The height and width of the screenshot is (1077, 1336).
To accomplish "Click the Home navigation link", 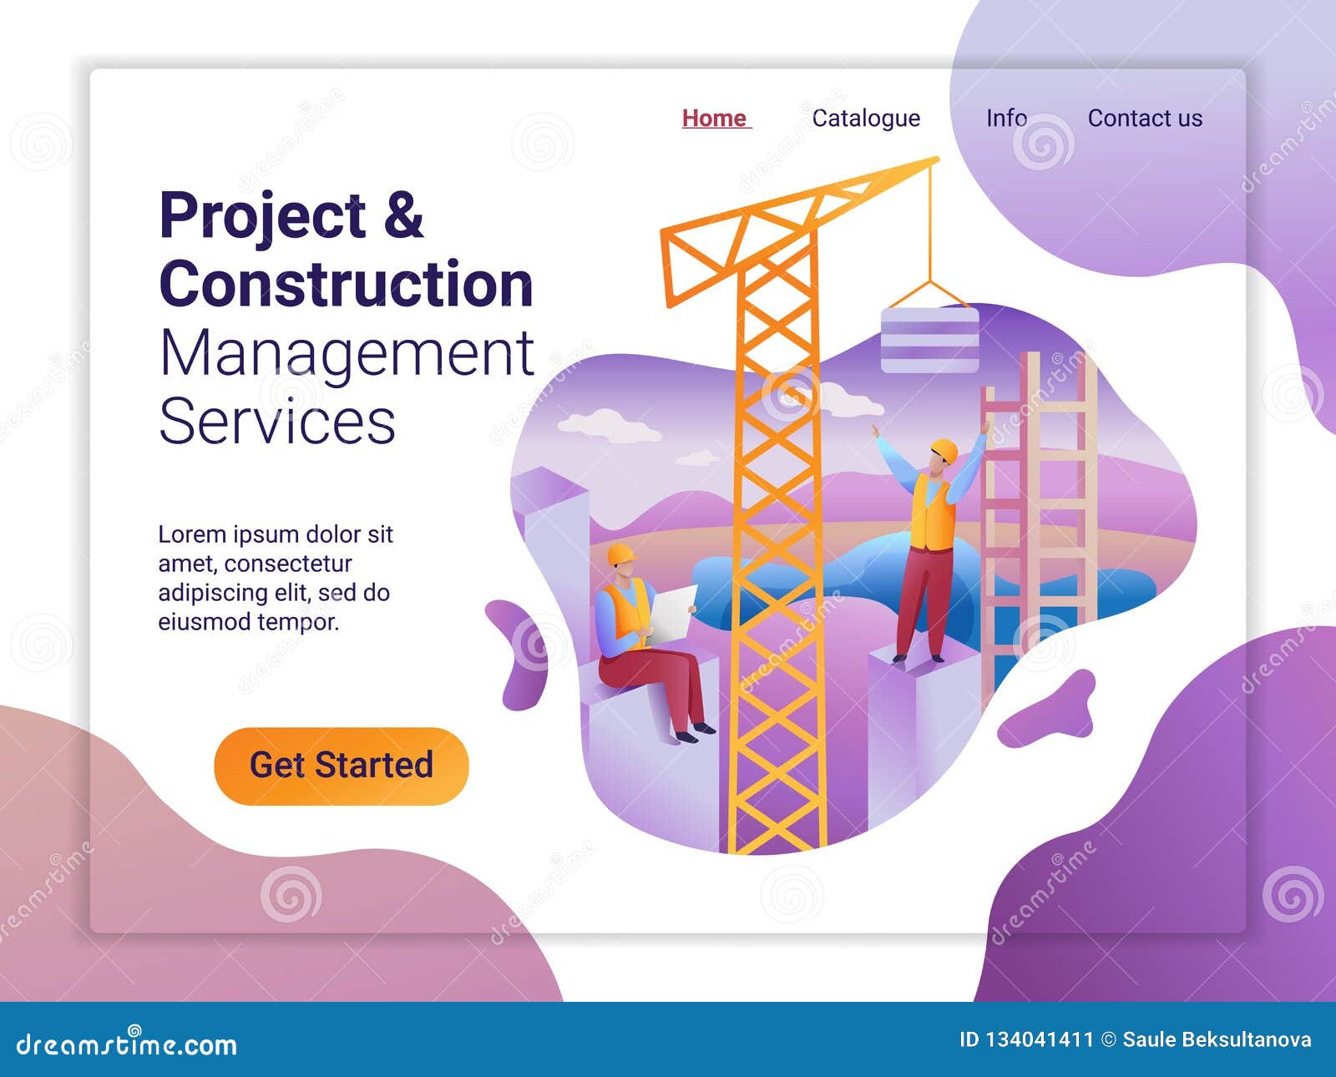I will pyautogui.click(x=715, y=119).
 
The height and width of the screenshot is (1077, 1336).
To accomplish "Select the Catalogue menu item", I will pyautogui.click(x=866, y=119).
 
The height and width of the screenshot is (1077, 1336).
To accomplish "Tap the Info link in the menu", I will pyautogui.click(x=1006, y=119).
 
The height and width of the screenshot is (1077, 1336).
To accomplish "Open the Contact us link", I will pyautogui.click(x=1145, y=119).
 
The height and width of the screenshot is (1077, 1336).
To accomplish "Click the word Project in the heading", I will pyautogui.click(x=262, y=217).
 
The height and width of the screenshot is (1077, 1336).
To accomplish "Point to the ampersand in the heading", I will pyautogui.click(x=404, y=215).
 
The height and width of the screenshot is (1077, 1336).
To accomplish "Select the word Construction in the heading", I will pyautogui.click(x=346, y=285).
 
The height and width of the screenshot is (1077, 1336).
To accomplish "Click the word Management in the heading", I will pyautogui.click(x=346, y=354).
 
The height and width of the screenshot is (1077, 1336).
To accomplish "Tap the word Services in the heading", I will pyautogui.click(x=276, y=422).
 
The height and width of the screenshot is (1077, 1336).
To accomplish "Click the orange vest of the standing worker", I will pyautogui.click(x=932, y=513).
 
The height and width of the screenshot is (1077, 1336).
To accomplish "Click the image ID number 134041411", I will pyautogui.click(x=1038, y=1040).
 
